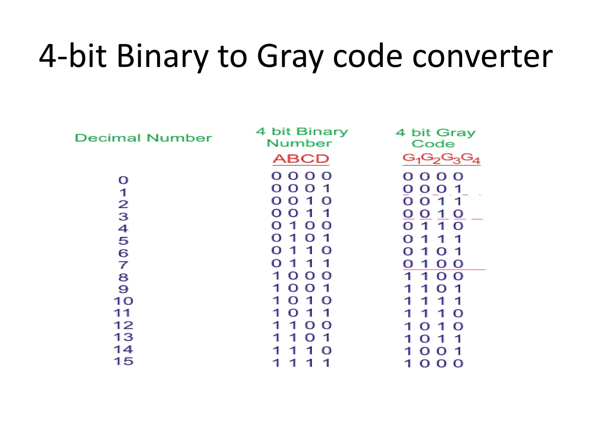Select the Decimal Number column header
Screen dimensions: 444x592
pyautogui.click(x=143, y=138)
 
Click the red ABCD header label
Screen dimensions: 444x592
pyautogui.click(x=301, y=159)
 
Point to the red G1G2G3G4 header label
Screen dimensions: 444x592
pyautogui.click(x=441, y=158)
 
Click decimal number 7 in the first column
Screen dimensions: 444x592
pyautogui.click(x=123, y=265)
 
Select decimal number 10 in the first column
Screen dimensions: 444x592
pyautogui.click(x=123, y=301)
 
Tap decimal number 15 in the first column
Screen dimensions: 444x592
pyautogui.click(x=123, y=361)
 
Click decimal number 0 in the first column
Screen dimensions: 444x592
pyautogui.click(x=123, y=180)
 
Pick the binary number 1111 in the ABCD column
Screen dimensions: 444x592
pyautogui.click(x=301, y=363)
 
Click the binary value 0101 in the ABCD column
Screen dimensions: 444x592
pyautogui.click(x=301, y=238)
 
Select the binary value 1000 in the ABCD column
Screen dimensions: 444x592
pyautogui.click(x=302, y=276)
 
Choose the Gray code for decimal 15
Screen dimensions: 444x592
pyautogui.click(x=433, y=364)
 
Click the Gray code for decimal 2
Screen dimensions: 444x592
pyautogui.click(x=433, y=201)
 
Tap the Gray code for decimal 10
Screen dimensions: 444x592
pyautogui.click(x=433, y=301)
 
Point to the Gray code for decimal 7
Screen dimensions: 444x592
pyautogui.click(x=433, y=264)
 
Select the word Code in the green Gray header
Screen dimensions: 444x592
pyautogui.click(x=433, y=144)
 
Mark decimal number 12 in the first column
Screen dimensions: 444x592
pyautogui.click(x=123, y=325)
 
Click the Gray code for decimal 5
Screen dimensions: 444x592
pyautogui.click(x=433, y=239)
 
